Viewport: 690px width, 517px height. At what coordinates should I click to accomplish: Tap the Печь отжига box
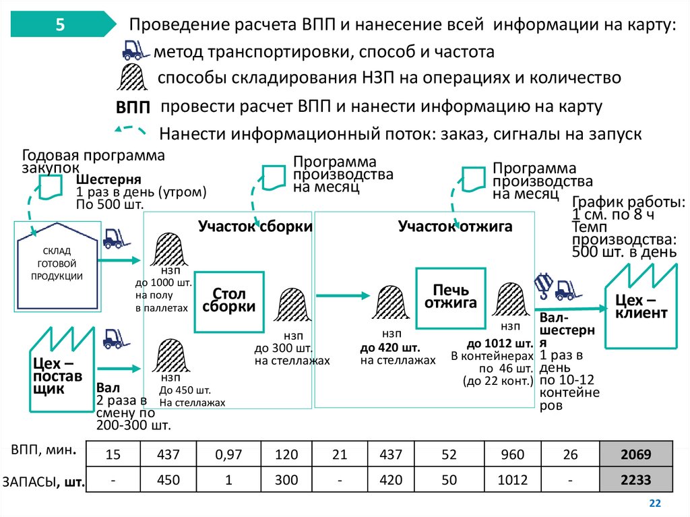point(450,297)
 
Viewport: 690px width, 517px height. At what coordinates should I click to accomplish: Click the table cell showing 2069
point(637,455)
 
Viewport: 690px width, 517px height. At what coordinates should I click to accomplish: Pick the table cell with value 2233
point(637,481)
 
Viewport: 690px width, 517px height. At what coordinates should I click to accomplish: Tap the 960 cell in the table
point(513,455)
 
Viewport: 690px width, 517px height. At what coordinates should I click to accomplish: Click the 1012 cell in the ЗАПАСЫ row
point(513,481)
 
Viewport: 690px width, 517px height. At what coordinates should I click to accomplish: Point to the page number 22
point(654,504)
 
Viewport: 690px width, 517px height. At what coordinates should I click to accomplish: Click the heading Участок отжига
point(455,226)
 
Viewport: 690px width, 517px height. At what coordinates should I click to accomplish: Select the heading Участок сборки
point(255,226)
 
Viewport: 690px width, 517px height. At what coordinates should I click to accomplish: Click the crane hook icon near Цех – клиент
point(542,284)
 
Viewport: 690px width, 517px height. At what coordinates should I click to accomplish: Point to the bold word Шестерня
point(108,180)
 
